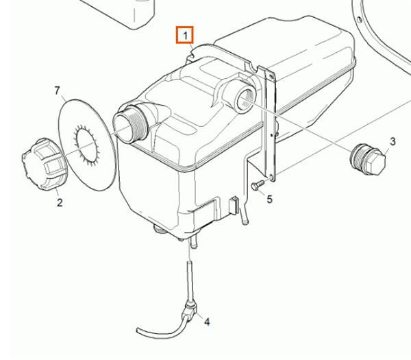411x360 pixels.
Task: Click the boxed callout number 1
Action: pos(185,35)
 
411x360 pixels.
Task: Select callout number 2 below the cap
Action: pos(60,202)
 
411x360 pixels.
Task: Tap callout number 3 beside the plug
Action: pos(393,141)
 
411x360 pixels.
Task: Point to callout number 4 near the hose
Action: pos(207,322)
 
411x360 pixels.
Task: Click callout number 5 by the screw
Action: pos(269,199)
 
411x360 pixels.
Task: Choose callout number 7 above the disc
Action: pos(58,91)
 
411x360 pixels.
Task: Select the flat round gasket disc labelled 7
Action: pos(87,145)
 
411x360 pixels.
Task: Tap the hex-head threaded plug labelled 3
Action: pos(368,159)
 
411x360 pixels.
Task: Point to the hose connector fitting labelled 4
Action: pos(190,310)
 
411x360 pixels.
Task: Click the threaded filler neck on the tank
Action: pos(131,123)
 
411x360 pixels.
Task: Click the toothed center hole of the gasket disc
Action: pos(87,146)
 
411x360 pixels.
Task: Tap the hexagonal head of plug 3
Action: pos(375,162)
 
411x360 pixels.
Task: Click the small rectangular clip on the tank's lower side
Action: pos(234,206)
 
